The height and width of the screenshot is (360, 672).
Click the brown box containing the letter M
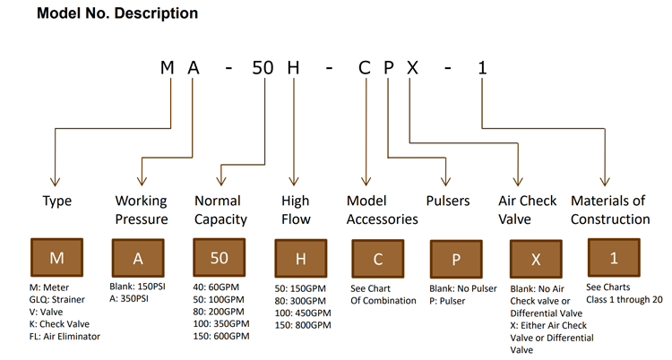pos(56,258)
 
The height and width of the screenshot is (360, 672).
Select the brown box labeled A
pos(138,258)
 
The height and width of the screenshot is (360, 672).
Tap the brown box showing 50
pos(220,258)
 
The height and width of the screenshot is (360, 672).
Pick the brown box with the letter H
pos(301,259)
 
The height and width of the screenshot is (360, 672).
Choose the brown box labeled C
pos(378,259)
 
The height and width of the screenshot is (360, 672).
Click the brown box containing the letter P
pos(457,259)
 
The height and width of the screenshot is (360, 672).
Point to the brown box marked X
pos(536,259)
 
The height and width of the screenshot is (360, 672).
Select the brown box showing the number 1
pos(614,258)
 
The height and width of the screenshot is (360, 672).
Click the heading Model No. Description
pos(117,14)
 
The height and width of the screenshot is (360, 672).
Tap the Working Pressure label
pos(142,210)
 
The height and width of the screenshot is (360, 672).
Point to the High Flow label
pos(296,210)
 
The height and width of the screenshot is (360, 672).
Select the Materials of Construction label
pos(610,210)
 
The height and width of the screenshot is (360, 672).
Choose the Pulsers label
pos(449,201)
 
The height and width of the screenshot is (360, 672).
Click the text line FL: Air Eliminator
pos(65,337)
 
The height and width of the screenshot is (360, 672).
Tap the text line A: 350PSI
pos(134,299)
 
